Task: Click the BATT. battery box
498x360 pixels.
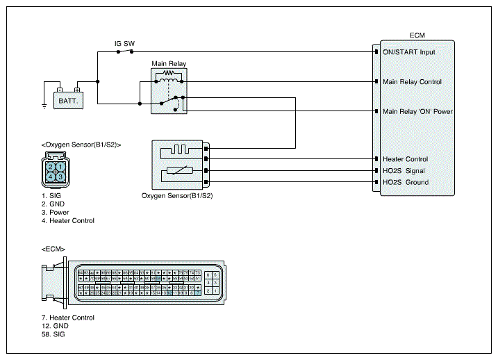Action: [69, 101]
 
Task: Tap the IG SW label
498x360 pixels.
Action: [125, 43]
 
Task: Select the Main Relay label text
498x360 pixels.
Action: [169, 64]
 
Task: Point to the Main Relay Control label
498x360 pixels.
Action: [412, 82]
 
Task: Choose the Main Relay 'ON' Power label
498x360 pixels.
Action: [417, 111]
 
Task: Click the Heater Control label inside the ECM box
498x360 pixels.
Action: [405, 159]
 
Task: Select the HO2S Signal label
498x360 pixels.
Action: [404, 171]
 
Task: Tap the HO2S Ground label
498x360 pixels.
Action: [405, 183]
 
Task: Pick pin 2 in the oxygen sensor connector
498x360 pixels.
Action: [51, 166]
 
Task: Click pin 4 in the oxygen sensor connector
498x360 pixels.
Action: [51, 177]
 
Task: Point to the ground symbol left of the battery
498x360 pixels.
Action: [44, 106]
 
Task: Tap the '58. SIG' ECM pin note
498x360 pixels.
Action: [53, 334]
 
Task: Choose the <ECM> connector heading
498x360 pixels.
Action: [53, 249]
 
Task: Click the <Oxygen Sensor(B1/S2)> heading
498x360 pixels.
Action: [81, 145]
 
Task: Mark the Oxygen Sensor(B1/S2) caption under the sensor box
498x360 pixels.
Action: [177, 195]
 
